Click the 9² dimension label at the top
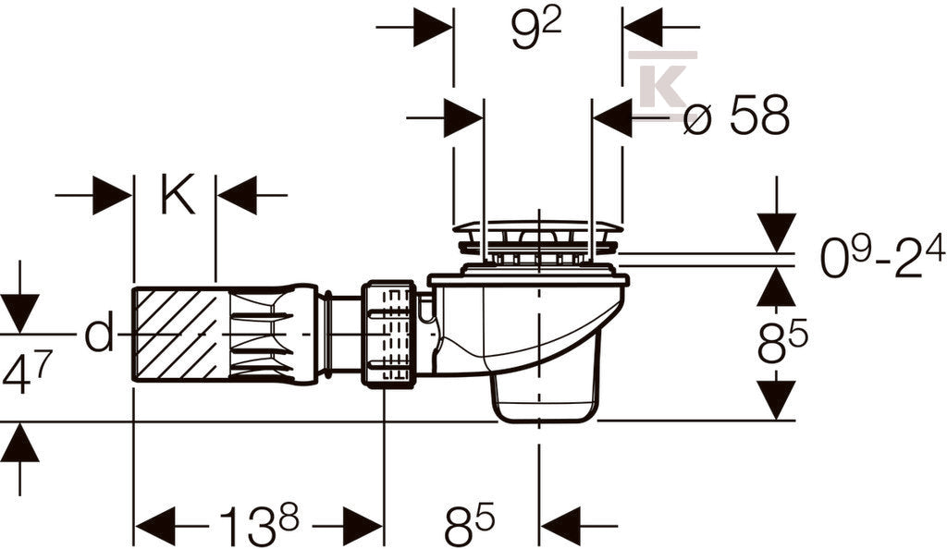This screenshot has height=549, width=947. point(536,31)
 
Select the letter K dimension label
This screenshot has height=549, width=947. point(178,194)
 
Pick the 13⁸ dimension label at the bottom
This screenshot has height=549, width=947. point(259,525)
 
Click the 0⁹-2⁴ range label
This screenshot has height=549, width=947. point(881,257)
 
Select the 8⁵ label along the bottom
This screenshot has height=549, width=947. point(469,525)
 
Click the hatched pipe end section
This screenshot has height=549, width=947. point(175,335)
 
